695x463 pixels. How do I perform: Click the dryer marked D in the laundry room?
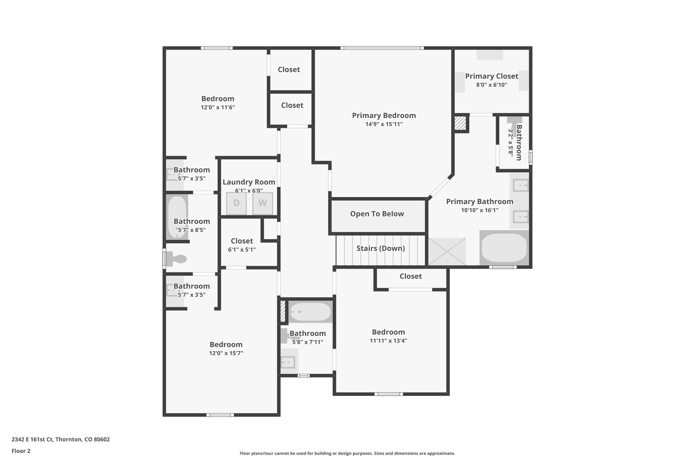coord(236,203)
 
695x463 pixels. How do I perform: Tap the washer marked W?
coord(262,203)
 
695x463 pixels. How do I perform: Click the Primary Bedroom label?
coord(384,115)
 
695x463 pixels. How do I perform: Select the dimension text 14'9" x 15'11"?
coord(384,124)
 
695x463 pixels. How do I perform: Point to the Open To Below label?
coord(377,214)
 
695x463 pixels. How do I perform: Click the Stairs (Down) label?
coord(380,248)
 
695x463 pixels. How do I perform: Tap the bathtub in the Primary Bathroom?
coord(504,248)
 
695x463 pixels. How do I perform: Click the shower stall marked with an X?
coord(447,251)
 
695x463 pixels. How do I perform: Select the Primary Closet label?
coord(491,76)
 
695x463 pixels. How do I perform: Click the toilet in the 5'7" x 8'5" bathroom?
coord(176,259)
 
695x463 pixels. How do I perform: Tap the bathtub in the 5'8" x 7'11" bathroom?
coord(310,312)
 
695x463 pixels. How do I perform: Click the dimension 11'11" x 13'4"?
coord(388,341)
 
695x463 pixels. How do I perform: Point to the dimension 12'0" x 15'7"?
coord(226,353)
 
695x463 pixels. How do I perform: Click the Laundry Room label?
coord(249,182)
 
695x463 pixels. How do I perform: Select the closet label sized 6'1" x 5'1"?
coord(242,241)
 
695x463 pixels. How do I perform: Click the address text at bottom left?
coord(61,439)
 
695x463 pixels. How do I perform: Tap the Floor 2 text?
coord(21,451)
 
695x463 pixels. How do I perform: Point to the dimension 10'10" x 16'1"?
coord(480,210)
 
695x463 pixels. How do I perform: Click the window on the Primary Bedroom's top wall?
coord(382,48)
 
